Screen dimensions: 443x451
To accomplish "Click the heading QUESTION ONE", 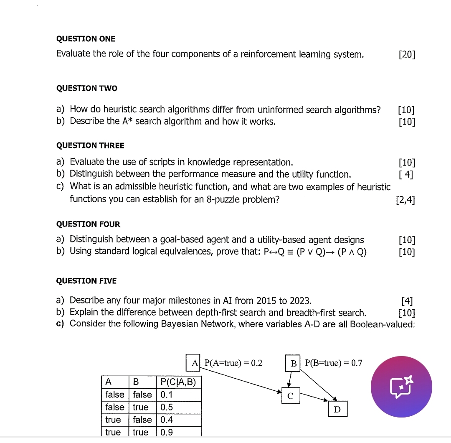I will [86, 39].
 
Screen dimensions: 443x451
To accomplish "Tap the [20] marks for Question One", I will [407, 55].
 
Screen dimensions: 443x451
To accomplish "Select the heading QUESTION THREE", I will [90, 145].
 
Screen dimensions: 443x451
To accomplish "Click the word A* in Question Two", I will [127, 122].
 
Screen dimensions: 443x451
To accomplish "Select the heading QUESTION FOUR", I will [88, 224].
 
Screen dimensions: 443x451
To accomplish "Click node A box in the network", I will [194, 363].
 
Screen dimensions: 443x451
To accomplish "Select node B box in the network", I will [294, 363].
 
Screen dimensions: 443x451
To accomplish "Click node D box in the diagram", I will [337, 410].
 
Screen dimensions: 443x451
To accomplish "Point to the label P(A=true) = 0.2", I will [233, 363].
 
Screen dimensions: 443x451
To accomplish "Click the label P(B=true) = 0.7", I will [333, 363].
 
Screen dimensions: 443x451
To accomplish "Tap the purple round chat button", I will [401, 387].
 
